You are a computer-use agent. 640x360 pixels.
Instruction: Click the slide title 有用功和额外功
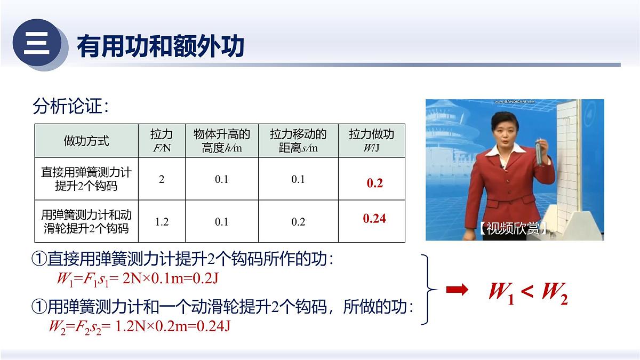161,46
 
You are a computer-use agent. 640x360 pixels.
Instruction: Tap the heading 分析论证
71,107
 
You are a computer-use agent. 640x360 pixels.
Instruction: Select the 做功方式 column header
86,141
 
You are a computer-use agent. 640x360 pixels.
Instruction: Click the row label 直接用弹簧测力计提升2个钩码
86,179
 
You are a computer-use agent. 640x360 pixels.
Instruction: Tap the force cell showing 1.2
162,221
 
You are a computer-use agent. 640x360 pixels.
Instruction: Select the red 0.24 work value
374,219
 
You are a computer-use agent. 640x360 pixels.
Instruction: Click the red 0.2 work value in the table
375,183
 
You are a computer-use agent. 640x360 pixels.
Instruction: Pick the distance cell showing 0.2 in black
298,221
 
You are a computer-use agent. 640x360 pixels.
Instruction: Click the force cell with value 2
162,179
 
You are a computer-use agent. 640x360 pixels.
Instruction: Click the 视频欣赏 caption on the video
513,229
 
